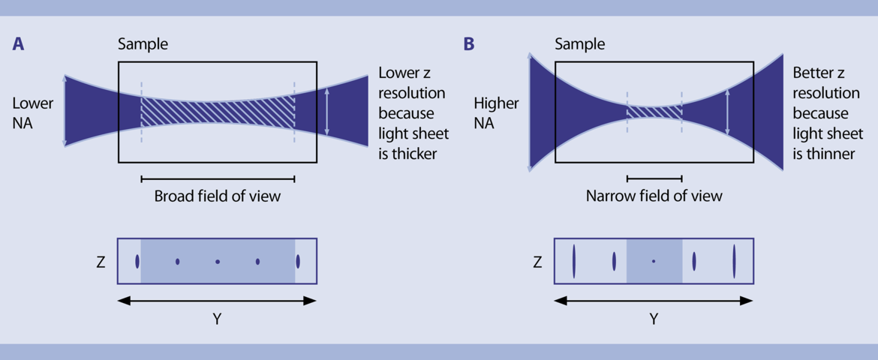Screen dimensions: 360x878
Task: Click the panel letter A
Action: pos(19,44)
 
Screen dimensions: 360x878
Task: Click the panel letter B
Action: pos(469,44)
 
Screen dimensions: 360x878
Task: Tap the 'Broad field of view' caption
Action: pos(218,196)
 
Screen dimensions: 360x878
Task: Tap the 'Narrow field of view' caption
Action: pos(654,196)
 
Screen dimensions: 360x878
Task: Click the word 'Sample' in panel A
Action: pos(143,44)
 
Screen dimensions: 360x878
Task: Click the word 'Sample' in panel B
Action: pos(579,44)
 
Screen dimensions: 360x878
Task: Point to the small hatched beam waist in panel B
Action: pos(654,112)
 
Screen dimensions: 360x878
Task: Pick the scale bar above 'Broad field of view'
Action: pos(218,178)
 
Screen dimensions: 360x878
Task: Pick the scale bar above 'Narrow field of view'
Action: pos(654,178)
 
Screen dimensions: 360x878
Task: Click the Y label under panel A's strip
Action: pos(217,319)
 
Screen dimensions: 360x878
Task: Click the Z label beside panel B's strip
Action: pos(537,262)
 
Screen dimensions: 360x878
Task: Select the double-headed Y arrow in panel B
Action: pos(654,301)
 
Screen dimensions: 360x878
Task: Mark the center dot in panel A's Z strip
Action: pos(218,262)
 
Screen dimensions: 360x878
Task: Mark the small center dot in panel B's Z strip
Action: pos(654,261)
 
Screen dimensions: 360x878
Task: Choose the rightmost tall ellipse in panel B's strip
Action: pos(734,261)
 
